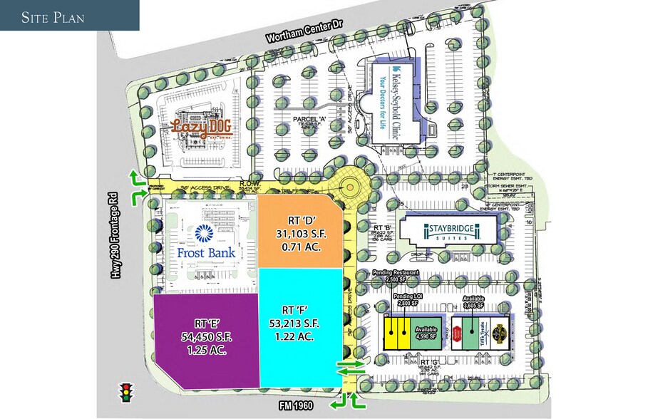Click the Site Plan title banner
pos(69,16)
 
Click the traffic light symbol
pos(126,392)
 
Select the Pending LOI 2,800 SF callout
pos(404,300)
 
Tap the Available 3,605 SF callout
pos(473,301)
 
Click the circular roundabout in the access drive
pos(350,188)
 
